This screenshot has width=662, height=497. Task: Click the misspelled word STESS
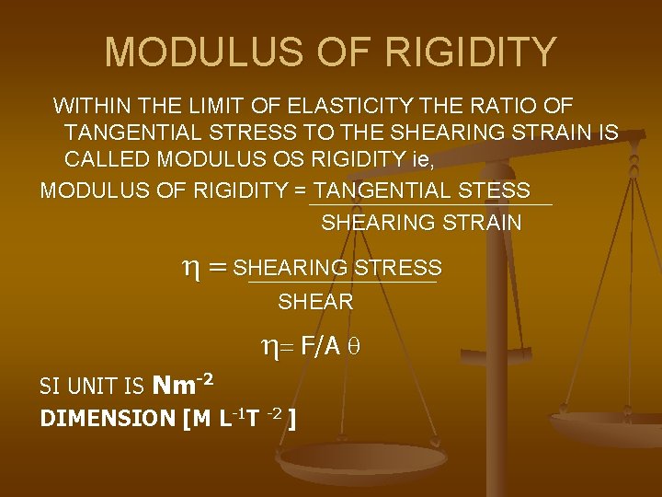tap(498, 191)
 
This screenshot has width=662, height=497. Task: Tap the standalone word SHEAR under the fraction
tap(315, 302)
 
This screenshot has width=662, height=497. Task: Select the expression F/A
tap(321, 346)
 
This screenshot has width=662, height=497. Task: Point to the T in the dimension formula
tap(249, 420)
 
